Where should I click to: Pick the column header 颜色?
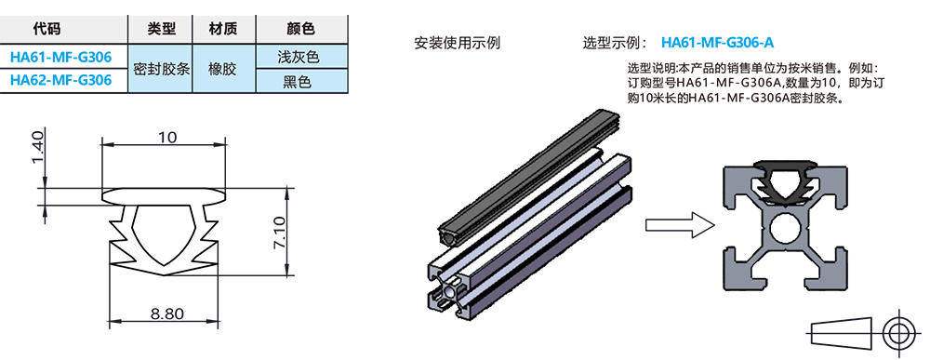pyautogui.click(x=298, y=31)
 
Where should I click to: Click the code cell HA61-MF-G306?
pyautogui.click(x=60, y=57)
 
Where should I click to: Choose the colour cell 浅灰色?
pyautogui.click(x=298, y=57)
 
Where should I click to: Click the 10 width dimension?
pyautogui.click(x=168, y=138)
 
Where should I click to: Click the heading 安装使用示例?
pyautogui.click(x=458, y=43)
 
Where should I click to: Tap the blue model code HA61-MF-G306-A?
pyautogui.click(x=717, y=43)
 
